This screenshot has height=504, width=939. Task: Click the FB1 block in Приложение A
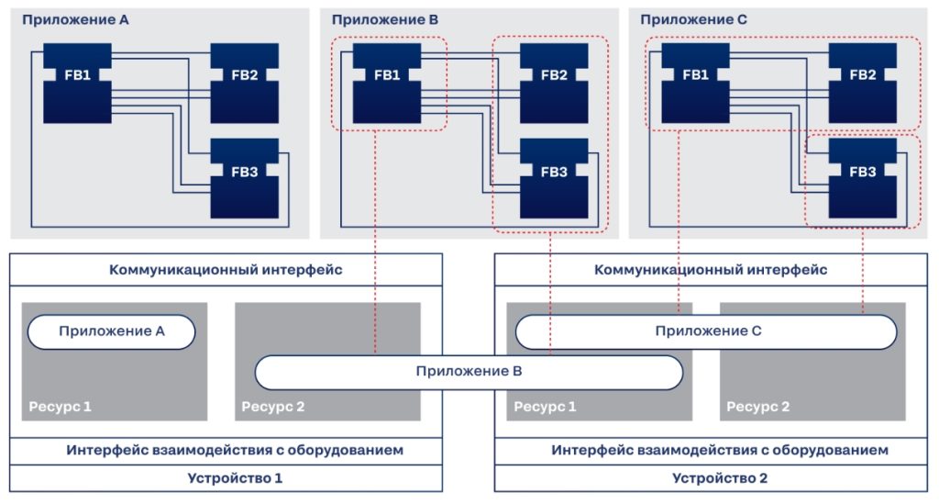77,84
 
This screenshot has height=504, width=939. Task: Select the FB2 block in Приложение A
244,84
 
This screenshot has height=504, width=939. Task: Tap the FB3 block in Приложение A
244,179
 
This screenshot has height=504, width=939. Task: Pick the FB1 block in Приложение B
387,84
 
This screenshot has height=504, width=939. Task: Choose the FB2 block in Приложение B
554,84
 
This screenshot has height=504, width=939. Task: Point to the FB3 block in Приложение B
554,179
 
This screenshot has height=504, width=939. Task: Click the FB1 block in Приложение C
695,84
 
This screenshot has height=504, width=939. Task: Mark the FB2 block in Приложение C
862,84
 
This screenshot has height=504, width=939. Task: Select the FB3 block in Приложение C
862,179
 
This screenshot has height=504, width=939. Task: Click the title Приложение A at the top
75,20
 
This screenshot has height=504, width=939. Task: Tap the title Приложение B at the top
385,20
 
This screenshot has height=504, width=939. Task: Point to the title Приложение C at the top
693,20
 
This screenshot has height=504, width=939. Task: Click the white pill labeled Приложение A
111,331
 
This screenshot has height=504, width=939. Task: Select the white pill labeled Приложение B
469,372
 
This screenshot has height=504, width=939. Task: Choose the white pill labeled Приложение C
706,331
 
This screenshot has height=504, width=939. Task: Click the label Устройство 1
235,478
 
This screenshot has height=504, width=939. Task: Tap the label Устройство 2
720,478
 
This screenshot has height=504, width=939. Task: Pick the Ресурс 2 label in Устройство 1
273,407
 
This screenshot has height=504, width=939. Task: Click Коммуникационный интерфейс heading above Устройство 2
711,270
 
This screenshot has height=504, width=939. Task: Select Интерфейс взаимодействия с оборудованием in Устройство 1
235,450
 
